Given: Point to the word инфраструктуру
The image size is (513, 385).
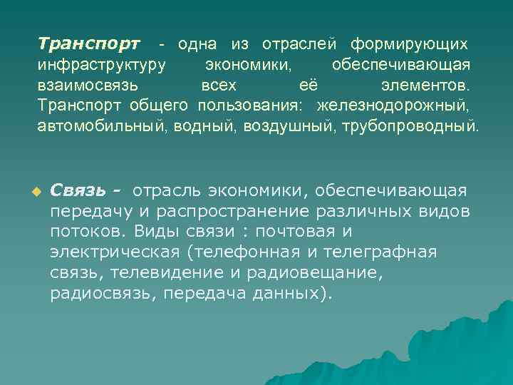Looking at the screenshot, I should pyautogui.click(x=102, y=65).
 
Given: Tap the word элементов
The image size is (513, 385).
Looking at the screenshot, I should pyautogui.click(x=426, y=86).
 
